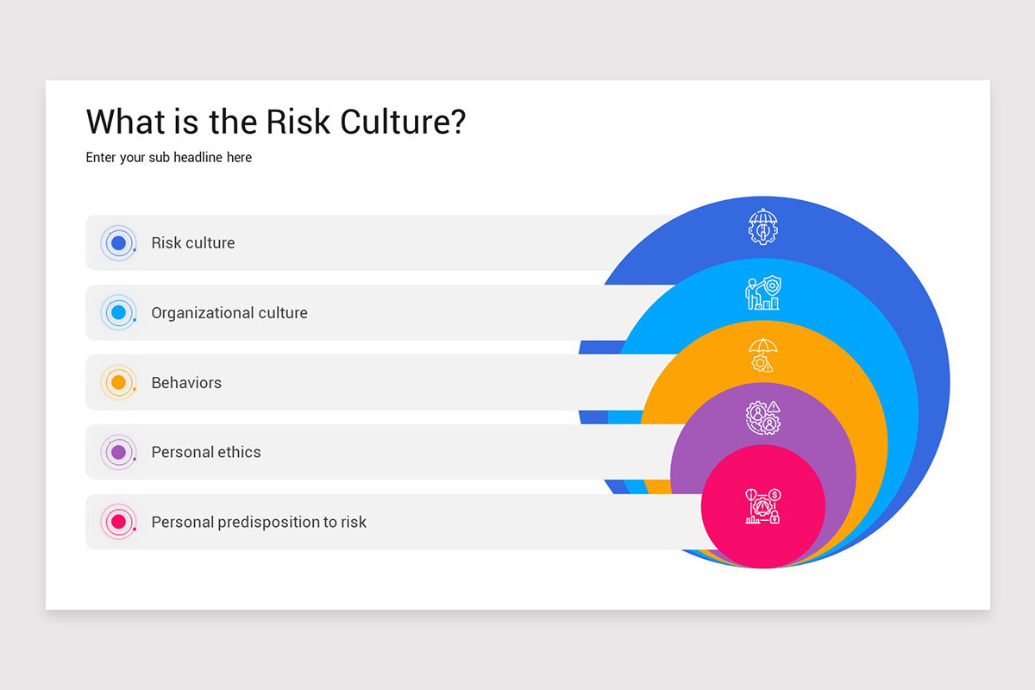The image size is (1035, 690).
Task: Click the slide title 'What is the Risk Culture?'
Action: point(276,122)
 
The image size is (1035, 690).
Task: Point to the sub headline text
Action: point(169,158)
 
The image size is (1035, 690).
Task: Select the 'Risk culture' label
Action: point(193,243)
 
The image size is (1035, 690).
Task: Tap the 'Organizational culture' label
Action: point(229,313)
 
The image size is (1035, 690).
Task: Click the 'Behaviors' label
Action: point(186,383)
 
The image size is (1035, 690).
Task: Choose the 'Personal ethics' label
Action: point(206,452)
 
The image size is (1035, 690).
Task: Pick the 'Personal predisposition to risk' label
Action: point(259,522)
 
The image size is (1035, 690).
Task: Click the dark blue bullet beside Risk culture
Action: point(119,243)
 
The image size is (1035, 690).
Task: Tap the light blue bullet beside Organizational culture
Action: point(119,313)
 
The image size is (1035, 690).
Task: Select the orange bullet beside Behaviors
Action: point(119,382)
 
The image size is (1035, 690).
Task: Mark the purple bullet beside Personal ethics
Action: point(119,452)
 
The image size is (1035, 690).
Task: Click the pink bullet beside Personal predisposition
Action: point(119,522)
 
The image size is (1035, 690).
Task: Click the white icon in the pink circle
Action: point(763,507)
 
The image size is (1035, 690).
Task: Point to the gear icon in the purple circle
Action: point(762,418)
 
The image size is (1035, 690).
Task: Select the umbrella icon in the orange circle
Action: point(763,354)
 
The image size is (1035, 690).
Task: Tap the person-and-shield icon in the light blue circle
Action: point(762,293)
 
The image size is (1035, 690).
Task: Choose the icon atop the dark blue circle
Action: point(763,227)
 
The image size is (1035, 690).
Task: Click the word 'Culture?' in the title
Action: point(403,122)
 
